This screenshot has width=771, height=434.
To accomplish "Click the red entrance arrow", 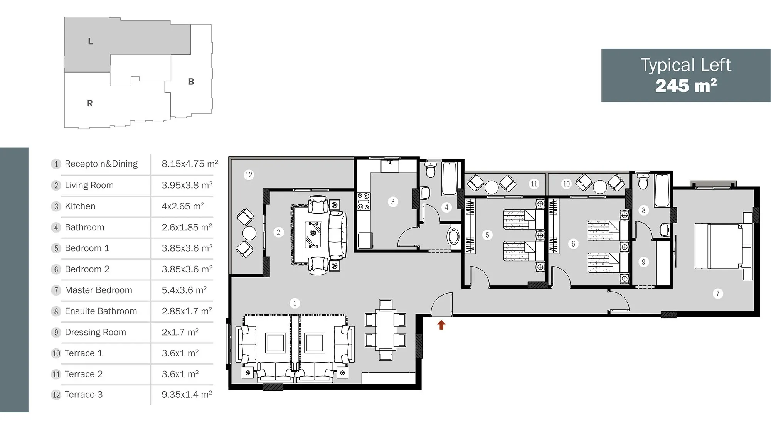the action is [x=441, y=325].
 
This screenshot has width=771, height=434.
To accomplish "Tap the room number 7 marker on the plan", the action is [x=718, y=294].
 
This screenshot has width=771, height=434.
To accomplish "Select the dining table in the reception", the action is [x=385, y=330].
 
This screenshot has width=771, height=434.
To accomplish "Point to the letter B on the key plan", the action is [x=191, y=82].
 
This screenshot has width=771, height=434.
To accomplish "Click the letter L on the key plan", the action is [x=90, y=41].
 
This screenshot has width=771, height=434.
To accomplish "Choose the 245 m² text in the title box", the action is [x=686, y=86].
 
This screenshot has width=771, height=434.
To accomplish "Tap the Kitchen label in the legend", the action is [x=80, y=206].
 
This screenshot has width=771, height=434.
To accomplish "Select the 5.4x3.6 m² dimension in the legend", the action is [x=184, y=290].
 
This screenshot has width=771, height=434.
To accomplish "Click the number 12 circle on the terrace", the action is [x=249, y=175].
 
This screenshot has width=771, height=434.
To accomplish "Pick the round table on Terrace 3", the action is [x=249, y=233].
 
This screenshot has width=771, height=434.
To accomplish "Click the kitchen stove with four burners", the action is [x=363, y=201].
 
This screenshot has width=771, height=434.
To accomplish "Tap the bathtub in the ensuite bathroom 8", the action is [x=662, y=191].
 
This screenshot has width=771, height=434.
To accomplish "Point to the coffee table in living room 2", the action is [x=313, y=234].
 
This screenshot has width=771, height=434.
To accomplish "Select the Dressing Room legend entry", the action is [x=95, y=332].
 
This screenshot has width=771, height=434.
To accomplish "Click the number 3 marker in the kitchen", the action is [x=393, y=202].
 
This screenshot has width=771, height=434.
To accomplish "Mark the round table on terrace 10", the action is [x=600, y=187].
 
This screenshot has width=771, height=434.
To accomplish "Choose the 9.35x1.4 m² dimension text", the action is [x=187, y=394].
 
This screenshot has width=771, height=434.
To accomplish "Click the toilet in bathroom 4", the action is [x=430, y=170].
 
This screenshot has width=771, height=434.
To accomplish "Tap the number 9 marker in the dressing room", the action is [x=643, y=262].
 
